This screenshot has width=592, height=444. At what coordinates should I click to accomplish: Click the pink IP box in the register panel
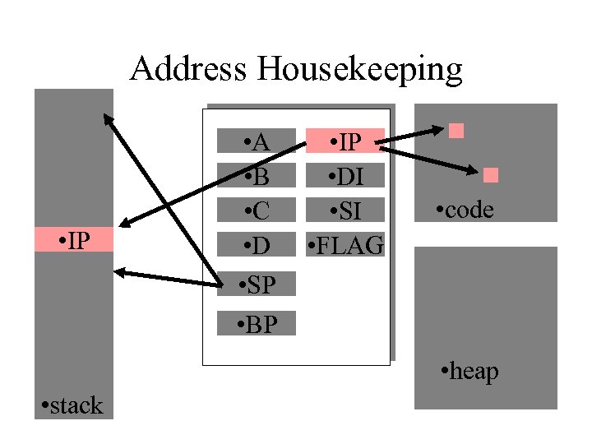346,141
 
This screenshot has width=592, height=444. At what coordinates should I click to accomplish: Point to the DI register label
345,176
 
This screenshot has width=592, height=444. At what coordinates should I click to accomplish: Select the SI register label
345,210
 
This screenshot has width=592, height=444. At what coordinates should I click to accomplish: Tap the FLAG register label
345,244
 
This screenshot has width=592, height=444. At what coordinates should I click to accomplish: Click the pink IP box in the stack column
74,240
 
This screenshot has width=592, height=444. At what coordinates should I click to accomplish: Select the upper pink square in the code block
457,129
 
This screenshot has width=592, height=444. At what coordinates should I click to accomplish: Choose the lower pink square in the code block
492,174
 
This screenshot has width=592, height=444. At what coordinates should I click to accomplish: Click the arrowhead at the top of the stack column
107,118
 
